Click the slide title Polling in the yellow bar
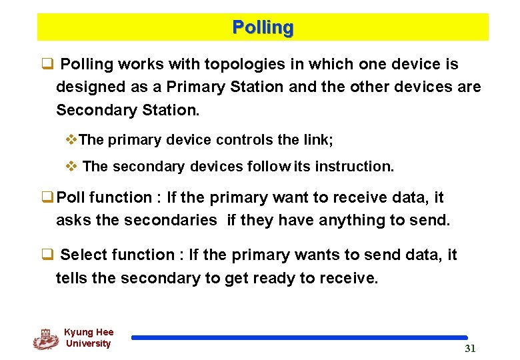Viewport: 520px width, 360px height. [263, 28]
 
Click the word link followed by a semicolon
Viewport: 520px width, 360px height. [319, 140]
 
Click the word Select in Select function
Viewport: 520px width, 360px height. [83, 255]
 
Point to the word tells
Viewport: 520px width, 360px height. [72, 278]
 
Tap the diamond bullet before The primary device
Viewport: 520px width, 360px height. [73, 140]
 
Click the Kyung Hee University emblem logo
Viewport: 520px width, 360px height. [45, 339]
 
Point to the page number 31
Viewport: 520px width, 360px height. [470, 349]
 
